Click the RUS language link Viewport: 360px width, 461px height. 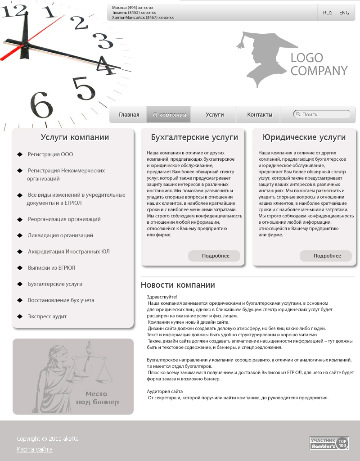tap(328, 13)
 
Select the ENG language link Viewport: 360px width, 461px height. tap(344, 13)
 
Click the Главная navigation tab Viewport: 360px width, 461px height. tap(129, 115)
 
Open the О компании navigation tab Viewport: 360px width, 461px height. tap(169, 115)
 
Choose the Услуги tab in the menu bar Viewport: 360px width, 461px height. tap(215, 115)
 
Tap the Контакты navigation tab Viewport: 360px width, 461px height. tap(260, 115)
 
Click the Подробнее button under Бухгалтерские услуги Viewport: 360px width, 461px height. tap(214, 256)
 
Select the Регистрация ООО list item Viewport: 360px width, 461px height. tap(50, 154)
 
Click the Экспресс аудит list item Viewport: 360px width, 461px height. tap(47, 316)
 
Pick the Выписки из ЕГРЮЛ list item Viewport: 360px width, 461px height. tap(52, 268)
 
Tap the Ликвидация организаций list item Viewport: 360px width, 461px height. tap(61, 235)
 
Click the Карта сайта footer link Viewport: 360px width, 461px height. tap(35, 449)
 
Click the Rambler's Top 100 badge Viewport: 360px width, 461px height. tap(329, 443)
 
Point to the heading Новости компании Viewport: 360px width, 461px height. tap(178, 285)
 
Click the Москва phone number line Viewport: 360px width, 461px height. tap(133, 8)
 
